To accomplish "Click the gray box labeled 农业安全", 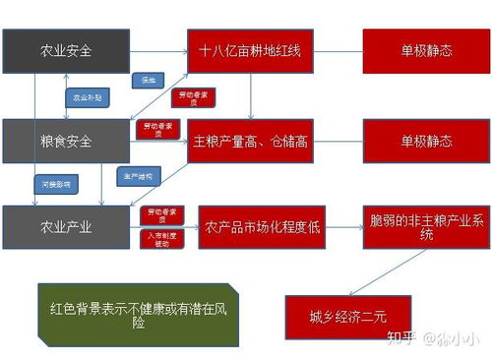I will click(x=66, y=51).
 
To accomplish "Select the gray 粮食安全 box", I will click(x=66, y=141).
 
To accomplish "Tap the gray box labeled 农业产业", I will click(x=66, y=227).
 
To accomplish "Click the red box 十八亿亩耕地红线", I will click(x=251, y=51).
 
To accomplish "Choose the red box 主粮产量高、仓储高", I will click(x=251, y=141).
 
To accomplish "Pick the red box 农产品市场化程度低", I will click(x=260, y=227).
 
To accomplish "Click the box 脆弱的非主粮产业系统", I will click(x=412, y=226).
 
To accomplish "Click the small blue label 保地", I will click(x=149, y=80).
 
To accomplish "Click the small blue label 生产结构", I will click(x=137, y=177).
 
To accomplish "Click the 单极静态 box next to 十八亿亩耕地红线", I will click(x=426, y=51).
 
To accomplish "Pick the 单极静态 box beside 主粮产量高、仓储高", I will click(x=426, y=141).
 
